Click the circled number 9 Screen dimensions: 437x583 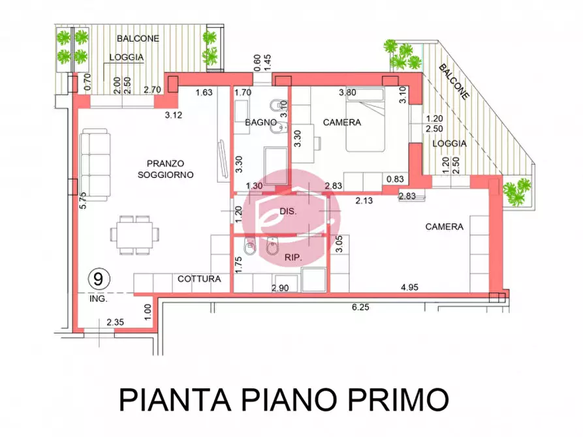(x=98, y=279)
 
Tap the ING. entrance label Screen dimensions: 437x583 (x=98, y=301)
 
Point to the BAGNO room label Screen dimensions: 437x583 (x=258, y=123)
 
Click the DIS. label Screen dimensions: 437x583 (x=288, y=212)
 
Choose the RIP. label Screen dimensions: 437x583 (x=292, y=259)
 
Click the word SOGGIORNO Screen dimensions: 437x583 (x=166, y=175)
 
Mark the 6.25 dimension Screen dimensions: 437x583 (x=360, y=307)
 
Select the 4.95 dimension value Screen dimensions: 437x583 (x=411, y=287)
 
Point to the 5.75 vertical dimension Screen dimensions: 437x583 (x=83, y=200)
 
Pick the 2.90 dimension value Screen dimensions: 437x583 (x=280, y=287)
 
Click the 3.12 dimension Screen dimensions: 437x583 (x=173, y=115)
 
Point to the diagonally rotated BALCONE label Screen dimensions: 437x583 (x=453, y=82)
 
